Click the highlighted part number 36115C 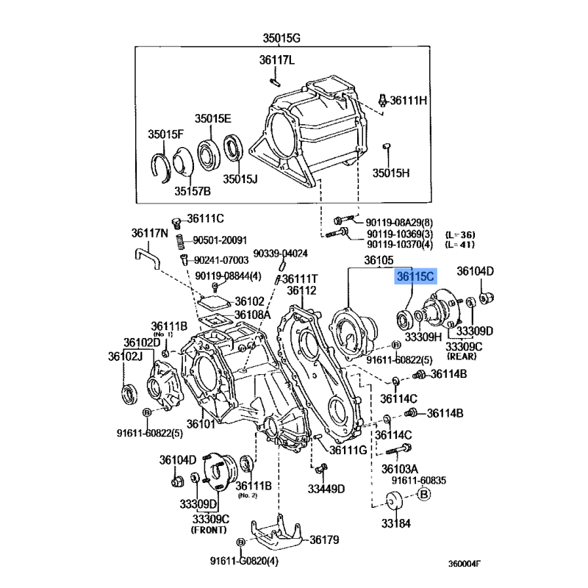click(x=415, y=277)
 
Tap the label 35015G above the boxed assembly click(x=282, y=38)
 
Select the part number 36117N click(x=150, y=233)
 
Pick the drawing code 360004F click(x=465, y=564)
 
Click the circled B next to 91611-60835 click(x=424, y=494)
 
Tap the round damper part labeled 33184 click(x=394, y=501)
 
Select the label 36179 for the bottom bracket click(x=324, y=539)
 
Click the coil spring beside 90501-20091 click(x=180, y=242)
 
